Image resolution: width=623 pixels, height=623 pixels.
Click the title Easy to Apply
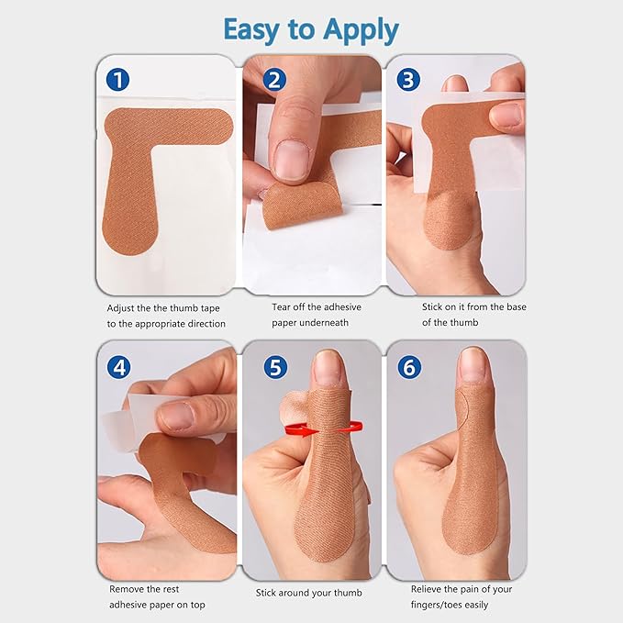click(x=311, y=29)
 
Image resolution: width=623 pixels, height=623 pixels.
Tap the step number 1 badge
click(x=117, y=80)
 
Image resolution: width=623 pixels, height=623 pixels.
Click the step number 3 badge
click(x=408, y=80)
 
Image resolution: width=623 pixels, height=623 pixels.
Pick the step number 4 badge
click(x=117, y=368)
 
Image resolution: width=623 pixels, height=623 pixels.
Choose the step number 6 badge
click(x=408, y=368)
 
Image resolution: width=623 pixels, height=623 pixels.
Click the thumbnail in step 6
click(x=473, y=365)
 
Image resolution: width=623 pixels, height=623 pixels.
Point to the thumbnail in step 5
click(x=328, y=367)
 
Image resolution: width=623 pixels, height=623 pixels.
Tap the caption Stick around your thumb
click(x=308, y=593)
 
